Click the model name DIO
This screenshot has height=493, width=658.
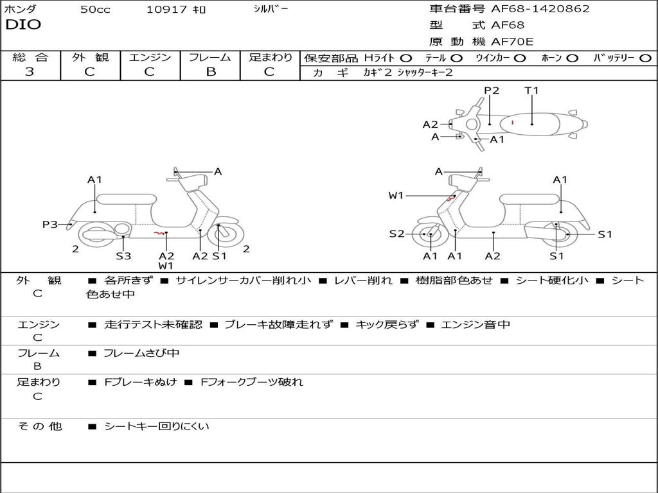tap(23, 25)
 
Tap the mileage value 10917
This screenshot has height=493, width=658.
tap(166, 10)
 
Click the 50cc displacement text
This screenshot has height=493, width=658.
tap(95, 10)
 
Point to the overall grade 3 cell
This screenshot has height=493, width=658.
tap(30, 72)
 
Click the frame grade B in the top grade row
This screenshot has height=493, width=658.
tap(210, 72)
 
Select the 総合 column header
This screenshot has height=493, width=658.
tap(30, 58)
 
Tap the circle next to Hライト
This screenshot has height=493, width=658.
tap(405, 58)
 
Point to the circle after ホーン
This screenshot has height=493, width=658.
tap(573, 58)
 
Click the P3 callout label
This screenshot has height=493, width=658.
tap(49, 225)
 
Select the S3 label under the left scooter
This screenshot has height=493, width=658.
tap(123, 256)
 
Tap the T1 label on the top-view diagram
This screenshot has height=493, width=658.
tap(531, 91)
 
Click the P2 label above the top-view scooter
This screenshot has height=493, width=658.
tap(492, 91)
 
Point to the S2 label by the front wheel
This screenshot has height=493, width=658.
tap(396, 234)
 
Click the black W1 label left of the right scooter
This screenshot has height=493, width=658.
tap(396, 196)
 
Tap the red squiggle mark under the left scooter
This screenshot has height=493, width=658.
tap(158, 234)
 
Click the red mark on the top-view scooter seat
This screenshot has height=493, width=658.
tap(512, 122)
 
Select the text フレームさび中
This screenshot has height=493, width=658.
tap(141, 353)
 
